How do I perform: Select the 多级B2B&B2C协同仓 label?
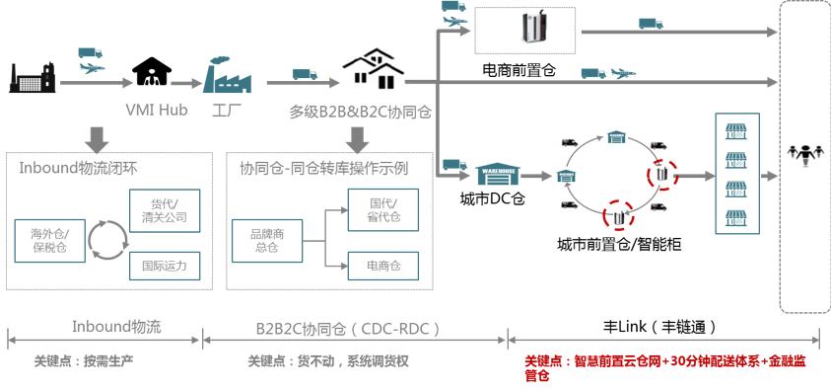click(360, 110)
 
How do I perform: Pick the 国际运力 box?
click(164, 265)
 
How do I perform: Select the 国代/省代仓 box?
click(382, 210)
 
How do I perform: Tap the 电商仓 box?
click(382, 265)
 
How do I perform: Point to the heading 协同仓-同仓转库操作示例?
click(323, 168)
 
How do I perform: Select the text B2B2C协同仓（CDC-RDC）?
click(348, 327)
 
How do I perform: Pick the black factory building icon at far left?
click(32, 76)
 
